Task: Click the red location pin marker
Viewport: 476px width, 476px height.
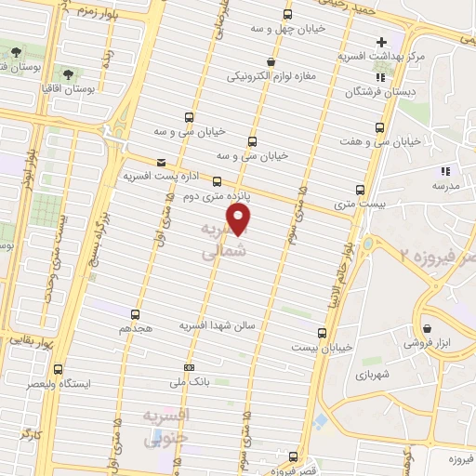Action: pyautogui.click(x=240, y=218)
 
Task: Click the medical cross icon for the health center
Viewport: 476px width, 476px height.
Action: pyautogui.click(x=381, y=43)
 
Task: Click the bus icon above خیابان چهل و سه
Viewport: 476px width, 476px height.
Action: pyautogui.click(x=287, y=15)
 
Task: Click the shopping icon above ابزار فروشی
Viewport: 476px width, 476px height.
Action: pyautogui.click(x=427, y=327)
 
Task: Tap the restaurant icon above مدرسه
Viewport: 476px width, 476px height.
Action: pyautogui.click(x=444, y=170)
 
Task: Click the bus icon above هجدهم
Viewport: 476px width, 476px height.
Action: pyautogui.click(x=136, y=314)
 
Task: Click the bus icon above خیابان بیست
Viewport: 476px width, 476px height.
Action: pyautogui.click(x=322, y=332)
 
